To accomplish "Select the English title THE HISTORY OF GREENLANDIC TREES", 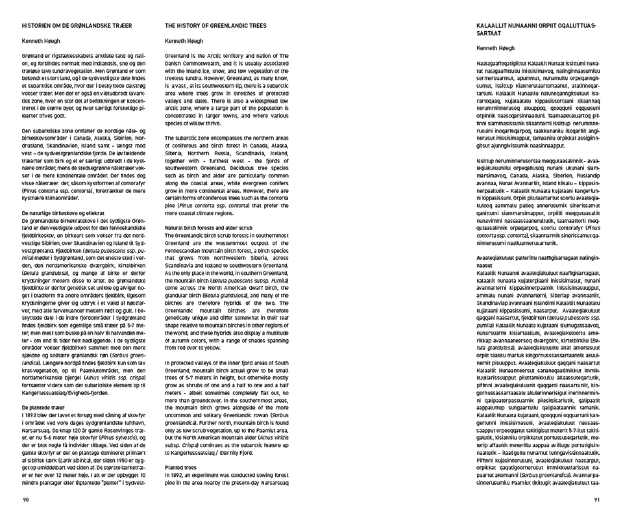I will [215, 25].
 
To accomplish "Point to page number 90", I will [26, 499].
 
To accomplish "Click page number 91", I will [596, 499].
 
